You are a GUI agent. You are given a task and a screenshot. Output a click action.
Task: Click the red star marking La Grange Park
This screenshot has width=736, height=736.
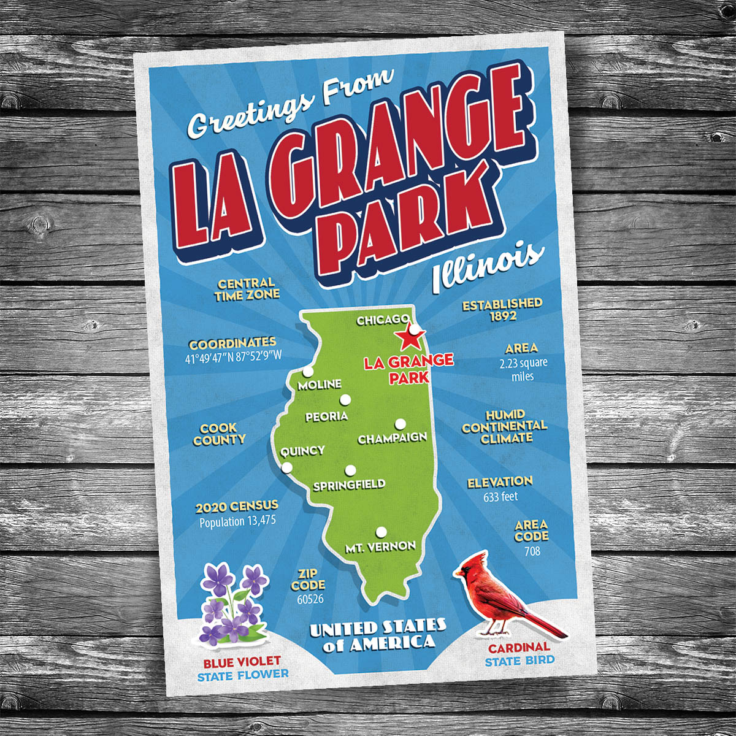click(406, 337)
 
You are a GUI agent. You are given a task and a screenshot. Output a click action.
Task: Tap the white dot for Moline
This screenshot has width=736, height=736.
click(307, 372)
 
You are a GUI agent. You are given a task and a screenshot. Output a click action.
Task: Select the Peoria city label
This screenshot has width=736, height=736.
click(326, 416)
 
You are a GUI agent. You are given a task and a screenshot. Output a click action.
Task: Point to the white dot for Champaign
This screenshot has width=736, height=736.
click(400, 424)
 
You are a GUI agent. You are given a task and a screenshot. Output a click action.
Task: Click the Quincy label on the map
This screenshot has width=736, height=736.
click(302, 451)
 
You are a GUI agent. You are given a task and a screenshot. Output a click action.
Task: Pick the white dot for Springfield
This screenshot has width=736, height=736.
click(350, 470)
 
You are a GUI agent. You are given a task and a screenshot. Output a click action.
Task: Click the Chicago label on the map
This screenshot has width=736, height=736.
click(383, 320)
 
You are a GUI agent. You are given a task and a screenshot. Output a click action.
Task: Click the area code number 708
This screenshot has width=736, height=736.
click(532, 551)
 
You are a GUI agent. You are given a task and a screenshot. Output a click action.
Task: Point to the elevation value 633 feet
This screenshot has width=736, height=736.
click(500, 497)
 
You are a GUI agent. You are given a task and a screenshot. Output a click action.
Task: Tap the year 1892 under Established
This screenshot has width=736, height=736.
click(502, 316)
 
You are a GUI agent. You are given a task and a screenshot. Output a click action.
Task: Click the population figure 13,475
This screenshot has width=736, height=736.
click(237, 522)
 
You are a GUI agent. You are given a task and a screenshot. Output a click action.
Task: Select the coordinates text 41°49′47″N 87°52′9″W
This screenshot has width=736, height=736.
click(232, 357)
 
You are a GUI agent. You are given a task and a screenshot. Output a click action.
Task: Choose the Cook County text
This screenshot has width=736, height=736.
click(219, 434)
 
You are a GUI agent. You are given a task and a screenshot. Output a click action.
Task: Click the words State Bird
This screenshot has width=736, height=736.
click(519, 661)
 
